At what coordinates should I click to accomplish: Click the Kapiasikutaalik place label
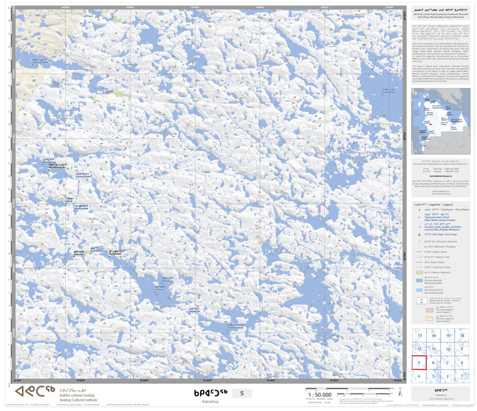pyautogui.click(x=40, y=63)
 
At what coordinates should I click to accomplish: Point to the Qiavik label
pyautogui.click(x=69, y=201)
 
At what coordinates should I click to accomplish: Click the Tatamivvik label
pyautogui.click(x=195, y=311)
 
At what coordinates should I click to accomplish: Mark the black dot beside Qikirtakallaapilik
pyautogui.click(x=49, y=170)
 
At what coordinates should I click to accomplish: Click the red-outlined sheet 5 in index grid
pyautogui.click(x=419, y=363)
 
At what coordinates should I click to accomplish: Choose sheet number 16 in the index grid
pyautogui.click(x=462, y=336)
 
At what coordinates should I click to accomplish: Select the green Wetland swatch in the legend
pyautogui.click(x=419, y=272)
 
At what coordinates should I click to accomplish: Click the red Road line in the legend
pyautogui.click(x=419, y=252)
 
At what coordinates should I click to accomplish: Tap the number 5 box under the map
pyautogui.click(x=242, y=393)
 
